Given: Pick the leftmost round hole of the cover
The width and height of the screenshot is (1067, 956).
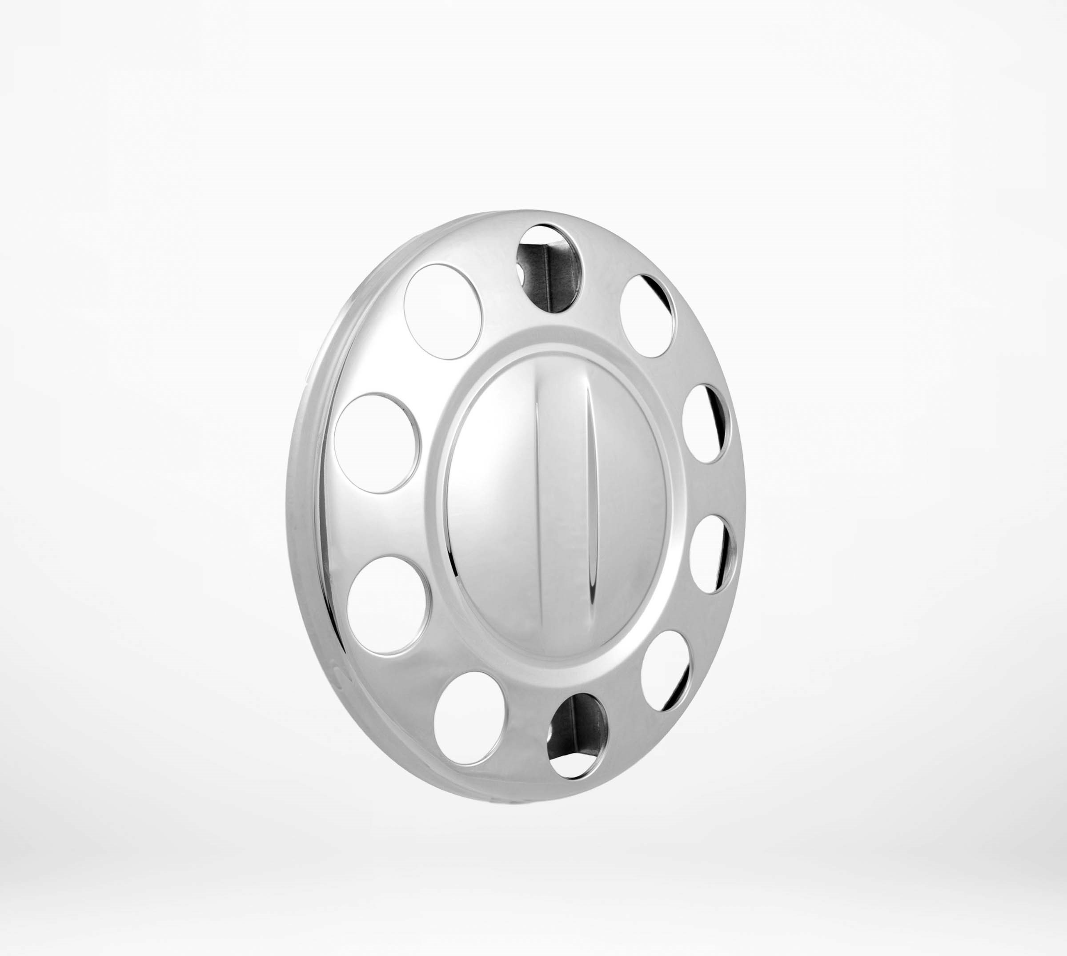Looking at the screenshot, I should [377, 443].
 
